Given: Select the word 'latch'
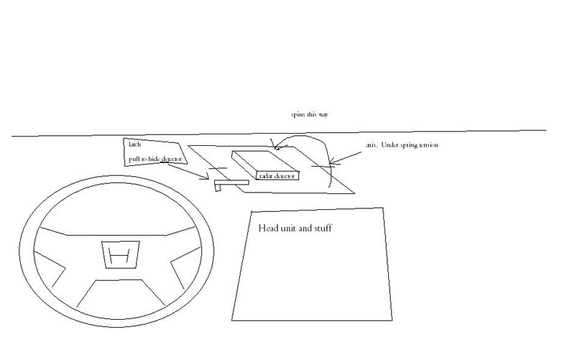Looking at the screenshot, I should [134, 144].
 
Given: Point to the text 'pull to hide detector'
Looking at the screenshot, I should [155, 158].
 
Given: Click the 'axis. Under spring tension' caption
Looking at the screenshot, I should [402, 145].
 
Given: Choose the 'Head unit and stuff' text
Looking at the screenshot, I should [295, 229].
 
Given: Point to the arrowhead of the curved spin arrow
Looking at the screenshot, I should [274, 147].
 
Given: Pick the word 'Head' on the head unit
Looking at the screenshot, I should [269, 229].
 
